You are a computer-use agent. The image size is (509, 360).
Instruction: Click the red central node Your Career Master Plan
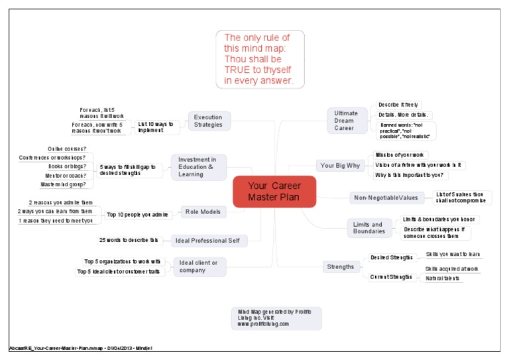(274, 192)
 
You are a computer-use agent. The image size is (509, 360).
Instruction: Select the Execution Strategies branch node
(208, 120)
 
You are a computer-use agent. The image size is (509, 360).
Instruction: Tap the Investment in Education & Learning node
(198, 166)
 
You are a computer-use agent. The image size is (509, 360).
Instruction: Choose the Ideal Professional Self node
(206, 240)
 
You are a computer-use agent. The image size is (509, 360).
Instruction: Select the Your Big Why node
(340, 165)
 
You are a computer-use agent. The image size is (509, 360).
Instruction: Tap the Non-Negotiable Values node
(386, 198)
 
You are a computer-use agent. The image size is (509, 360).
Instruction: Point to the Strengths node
(340, 267)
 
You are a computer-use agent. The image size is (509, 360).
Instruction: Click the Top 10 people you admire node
(139, 214)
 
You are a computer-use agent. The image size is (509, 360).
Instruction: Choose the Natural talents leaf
(442, 278)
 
